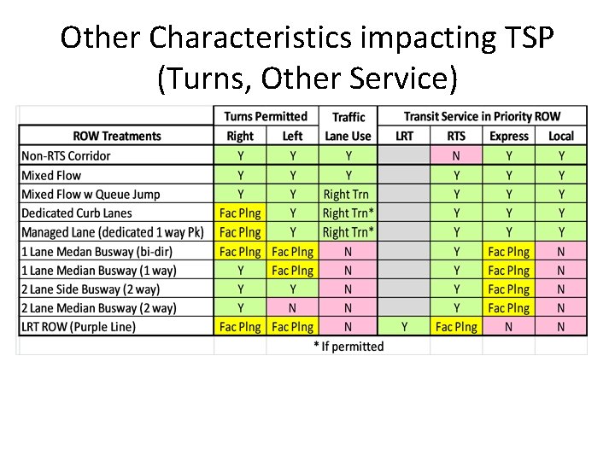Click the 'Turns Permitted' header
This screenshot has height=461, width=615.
click(266, 116)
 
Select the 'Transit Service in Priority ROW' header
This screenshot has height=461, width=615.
click(482, 116)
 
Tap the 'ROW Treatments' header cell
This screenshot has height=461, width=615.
click(117, 136)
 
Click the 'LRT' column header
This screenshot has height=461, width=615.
click(405, 136)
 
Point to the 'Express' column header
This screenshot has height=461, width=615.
click(509, 136)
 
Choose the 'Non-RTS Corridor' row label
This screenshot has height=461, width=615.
click(66, 155)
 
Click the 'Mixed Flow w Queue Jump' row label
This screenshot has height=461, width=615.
click(91, 194)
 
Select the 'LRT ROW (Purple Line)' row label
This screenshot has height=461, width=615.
click(79, 327)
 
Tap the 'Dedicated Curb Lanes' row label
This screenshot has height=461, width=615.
click(77, 213)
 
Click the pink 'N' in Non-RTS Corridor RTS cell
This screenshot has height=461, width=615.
click(456, 155)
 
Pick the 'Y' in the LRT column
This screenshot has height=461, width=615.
click(405, 327)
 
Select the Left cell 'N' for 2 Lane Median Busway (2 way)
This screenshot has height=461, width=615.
click(292, 308)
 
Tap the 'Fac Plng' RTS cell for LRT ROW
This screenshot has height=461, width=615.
click(456, 327)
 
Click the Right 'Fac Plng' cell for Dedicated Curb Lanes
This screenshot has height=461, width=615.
click(240, 213)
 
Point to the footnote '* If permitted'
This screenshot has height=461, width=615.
click(348, 347)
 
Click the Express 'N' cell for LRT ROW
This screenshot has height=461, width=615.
click(509, 327)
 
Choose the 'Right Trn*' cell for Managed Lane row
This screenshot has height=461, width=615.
click(348, 232)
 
